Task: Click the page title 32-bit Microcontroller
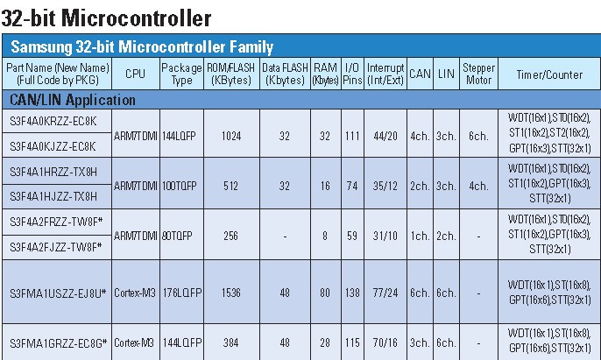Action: click(106, 16)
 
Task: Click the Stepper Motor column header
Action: click(478, 74)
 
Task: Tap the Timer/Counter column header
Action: click(549, 74)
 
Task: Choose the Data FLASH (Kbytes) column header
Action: click(284, 74)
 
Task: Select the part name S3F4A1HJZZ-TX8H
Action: click(53, 196)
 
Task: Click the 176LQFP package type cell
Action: click(181, 292)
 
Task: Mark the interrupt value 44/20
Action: click(385, 135)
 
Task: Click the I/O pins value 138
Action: click(352, 292)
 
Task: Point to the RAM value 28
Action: click(325, 342)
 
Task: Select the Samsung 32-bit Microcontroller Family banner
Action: click(142, 46)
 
